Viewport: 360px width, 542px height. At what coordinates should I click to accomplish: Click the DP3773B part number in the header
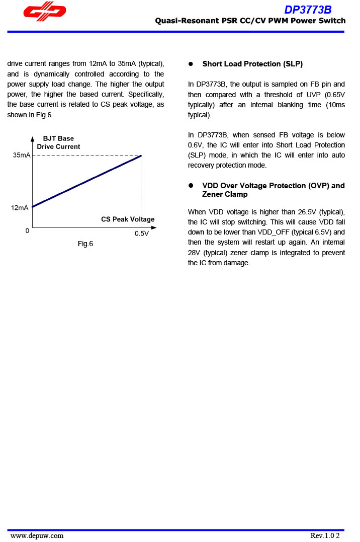tap(308, 10)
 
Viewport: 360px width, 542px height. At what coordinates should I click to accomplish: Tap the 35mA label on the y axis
tap(22, 156)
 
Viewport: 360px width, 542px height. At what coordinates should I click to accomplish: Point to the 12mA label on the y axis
tap(20, 207)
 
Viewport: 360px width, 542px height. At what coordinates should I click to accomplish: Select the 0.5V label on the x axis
tap(142, 234)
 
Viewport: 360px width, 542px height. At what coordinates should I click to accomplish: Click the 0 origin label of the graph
tap(27, 231)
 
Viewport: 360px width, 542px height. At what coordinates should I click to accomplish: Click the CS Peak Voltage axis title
tap(128, 219)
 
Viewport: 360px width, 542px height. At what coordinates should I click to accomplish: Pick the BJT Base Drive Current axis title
tap(58, 142)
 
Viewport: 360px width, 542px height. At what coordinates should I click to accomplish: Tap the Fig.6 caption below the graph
tap(85, 244)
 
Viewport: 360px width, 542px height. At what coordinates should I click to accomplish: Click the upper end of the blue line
tap(141, 156)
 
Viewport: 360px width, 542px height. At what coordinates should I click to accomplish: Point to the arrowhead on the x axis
tap(154, 228)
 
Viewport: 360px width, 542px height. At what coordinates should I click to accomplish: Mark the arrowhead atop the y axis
tap(33, 138)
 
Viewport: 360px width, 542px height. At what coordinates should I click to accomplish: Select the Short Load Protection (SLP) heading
tap(252, 64)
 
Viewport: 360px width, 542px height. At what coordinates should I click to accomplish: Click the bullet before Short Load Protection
tap(191, 64)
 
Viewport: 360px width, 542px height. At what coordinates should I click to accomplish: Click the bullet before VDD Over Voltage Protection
tap(191, 186)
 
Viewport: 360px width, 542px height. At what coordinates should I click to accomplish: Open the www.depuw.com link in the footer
tap(37, 535)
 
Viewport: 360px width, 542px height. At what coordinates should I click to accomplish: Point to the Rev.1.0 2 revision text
tap(325, 535)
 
